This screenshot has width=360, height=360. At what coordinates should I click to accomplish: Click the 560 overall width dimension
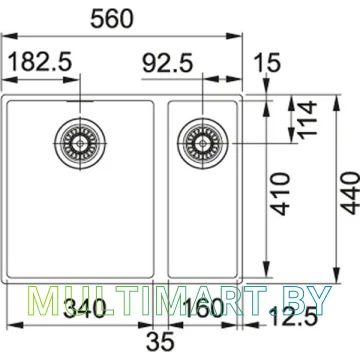point(112,19)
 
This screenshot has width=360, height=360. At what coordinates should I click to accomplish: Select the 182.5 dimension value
point(40,62)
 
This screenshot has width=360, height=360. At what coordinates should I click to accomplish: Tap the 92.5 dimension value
point(168,63)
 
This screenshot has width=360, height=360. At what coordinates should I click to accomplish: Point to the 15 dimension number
point(267,63)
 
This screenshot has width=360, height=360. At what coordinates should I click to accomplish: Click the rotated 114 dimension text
point(307,119)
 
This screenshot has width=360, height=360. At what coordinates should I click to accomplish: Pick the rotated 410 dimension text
point(280,194)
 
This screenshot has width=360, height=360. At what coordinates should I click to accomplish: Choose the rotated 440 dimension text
point(350,193)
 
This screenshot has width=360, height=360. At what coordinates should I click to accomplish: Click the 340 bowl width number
point(85,308)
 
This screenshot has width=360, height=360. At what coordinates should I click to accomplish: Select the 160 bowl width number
point(202,308)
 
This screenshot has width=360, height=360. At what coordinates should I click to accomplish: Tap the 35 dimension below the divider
point(160,341)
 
